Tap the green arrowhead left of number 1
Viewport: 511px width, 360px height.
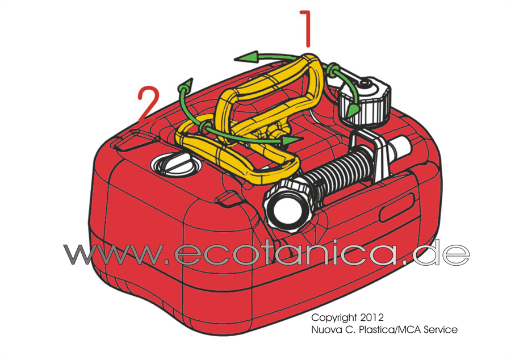(x=246, y=57)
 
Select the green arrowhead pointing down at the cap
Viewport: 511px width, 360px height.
(x=351, y=111)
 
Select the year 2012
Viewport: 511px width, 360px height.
(x=372, y=317)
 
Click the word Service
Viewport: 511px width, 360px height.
(x=441, y=329)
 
